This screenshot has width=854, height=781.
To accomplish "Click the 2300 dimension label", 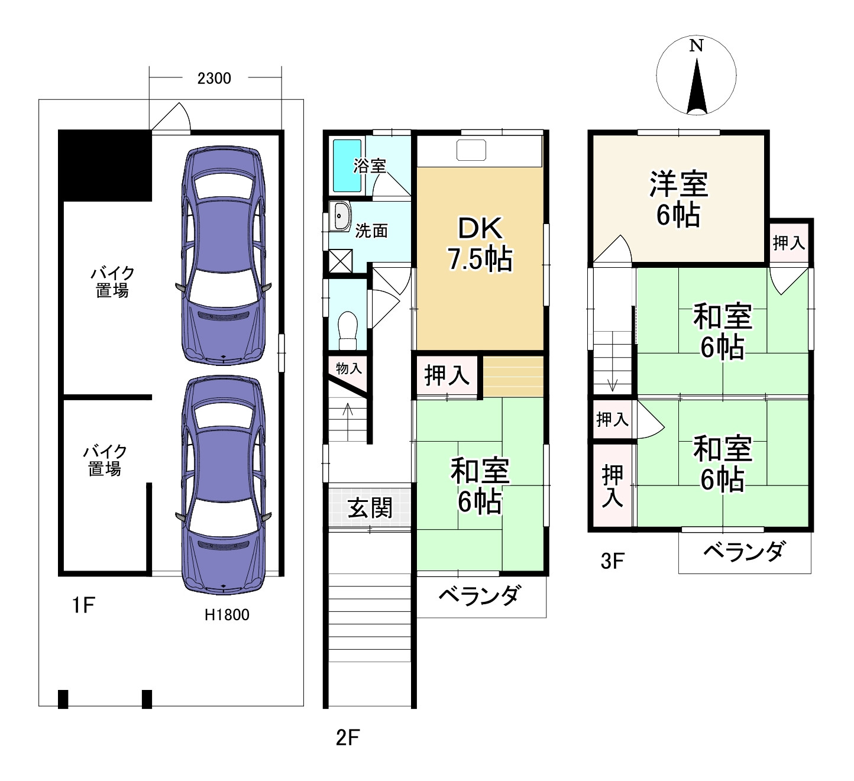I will pyautogui.click(x=214, y=78).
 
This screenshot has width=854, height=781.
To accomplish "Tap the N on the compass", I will pyautogui.click(x=696, y=46).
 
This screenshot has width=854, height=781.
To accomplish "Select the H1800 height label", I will pyautogui.click(x=227, y=615).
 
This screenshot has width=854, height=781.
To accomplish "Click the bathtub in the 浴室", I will pyautogui.click(x=347, y=166).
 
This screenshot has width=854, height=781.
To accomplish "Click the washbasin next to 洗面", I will pyautogui.click(x=341, y=216).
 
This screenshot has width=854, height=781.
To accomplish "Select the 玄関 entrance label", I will pyautogui.click(x=370, y=507).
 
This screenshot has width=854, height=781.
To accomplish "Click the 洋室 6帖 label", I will pyautogui.click(x=678, y=199).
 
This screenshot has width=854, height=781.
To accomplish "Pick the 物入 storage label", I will pyautogui.click(x=348, y=368).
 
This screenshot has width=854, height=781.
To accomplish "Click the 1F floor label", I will pyautogui.click(x=83, y=605).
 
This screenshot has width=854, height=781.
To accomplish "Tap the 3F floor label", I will pyautogui.click(x=612, y=560).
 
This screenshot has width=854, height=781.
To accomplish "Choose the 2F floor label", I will pyautogui.click(x=348, y=737).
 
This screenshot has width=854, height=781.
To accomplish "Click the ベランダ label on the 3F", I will pyautogui.click(x=743, y=552).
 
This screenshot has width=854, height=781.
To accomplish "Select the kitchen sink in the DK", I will pyautogui.click(x=471, y=150).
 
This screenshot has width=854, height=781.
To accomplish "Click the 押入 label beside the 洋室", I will pyautogui.click(x=789, y=242).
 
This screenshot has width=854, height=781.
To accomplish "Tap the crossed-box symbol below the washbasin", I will pyautogui.click(x=340, y=261).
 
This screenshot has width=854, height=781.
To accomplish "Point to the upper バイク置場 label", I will pyautogui.click(x=112, y=282).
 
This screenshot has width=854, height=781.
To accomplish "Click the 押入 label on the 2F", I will pyautogui.click(x=447, y=375).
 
